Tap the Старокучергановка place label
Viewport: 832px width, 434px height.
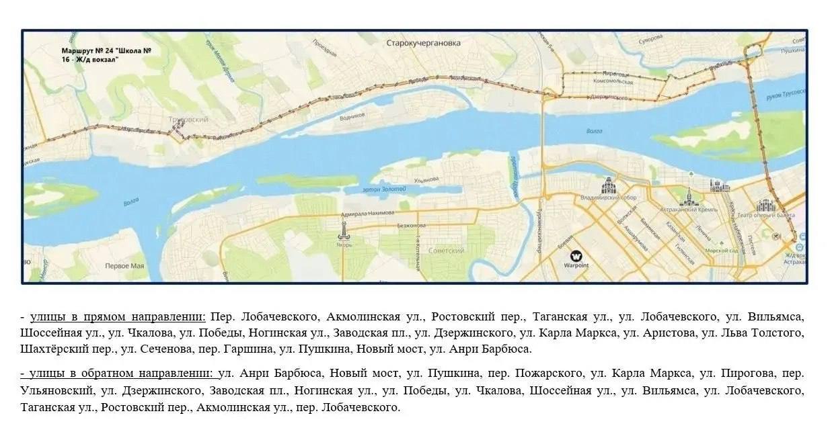tap(423, 43)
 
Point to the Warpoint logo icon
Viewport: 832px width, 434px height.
tap(576, 256)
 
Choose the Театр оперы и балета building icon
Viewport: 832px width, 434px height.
tap(765, 206)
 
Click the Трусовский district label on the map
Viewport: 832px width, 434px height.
tap(186, 119)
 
